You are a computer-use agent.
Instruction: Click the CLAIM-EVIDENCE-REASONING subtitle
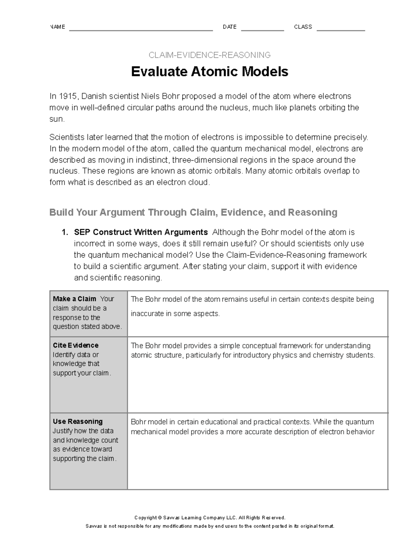[209, 55]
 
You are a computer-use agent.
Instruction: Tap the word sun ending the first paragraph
[56, 119]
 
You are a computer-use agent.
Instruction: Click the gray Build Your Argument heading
[193, 212]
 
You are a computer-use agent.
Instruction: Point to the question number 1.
[64, 232]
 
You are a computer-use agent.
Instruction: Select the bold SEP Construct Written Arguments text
[141, 232]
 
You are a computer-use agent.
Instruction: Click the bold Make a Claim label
[75, 299]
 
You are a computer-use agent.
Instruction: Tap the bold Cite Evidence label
[76, 345]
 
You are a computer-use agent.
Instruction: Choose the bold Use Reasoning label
[78, 421]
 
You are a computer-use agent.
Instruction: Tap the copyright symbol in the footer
[160, 518]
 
